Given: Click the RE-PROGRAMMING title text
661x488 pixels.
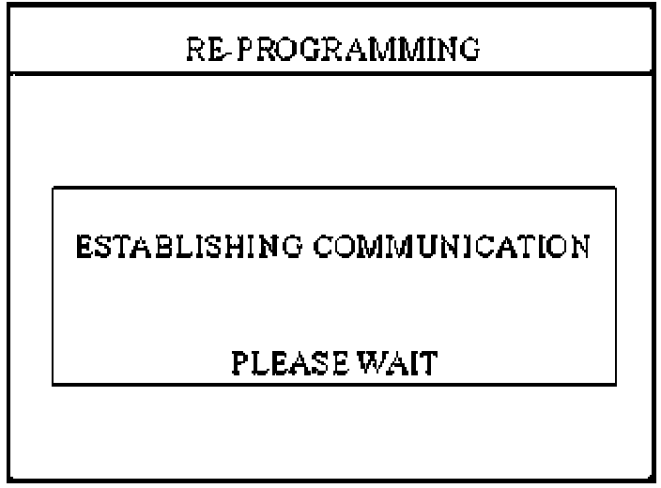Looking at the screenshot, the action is [x=331, y=47].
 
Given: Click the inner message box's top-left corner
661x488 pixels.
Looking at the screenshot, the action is [x=52, y=188].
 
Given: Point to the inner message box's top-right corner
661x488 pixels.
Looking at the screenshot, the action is [x=615, y=188].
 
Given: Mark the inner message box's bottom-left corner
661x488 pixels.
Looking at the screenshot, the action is [x=52, y=383].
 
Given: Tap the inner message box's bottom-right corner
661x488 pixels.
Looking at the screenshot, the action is [x=615, y=383].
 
